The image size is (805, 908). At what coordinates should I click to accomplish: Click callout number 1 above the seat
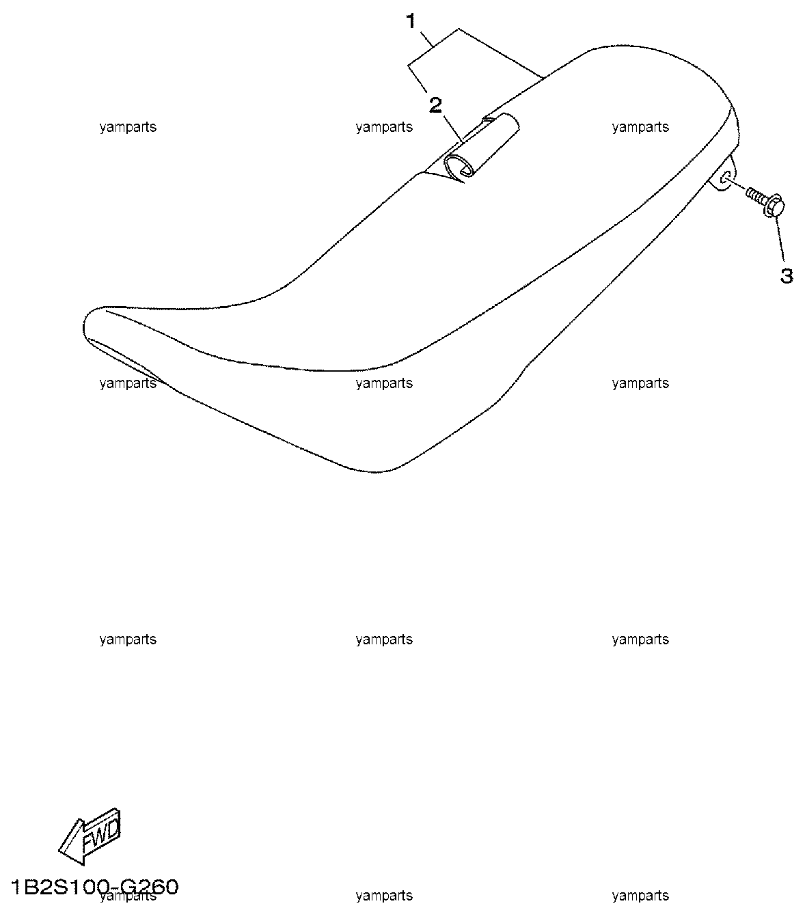tap(411, 21)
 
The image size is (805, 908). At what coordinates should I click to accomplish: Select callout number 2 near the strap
tap(435, 106)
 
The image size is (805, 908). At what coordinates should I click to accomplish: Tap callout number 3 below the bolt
tap(787, 276)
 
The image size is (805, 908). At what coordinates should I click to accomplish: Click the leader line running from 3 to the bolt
tap(780, 239)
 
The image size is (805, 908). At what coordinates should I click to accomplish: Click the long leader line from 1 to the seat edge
tap(501, 54)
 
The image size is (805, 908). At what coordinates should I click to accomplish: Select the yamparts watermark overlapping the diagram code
tap(128, 896)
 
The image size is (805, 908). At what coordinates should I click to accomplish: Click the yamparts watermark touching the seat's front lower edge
tap(128, 383)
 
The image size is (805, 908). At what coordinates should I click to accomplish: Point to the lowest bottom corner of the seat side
tap(374, 472)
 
